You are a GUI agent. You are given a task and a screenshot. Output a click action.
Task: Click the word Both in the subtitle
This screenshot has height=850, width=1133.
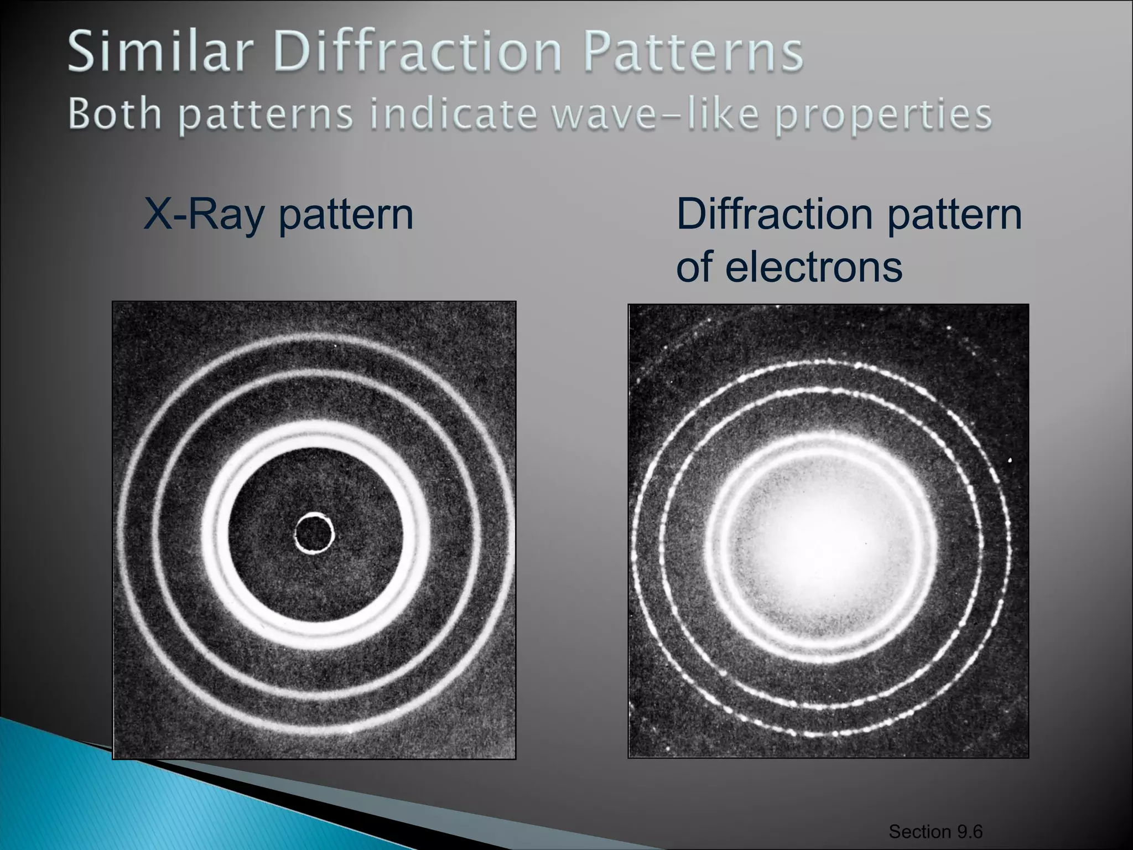[x=115, y=115]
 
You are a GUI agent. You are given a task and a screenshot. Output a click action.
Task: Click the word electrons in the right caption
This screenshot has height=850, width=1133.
[x=813, y=266]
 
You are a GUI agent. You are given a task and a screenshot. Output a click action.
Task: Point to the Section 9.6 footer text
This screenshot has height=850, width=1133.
[x=935, y=831]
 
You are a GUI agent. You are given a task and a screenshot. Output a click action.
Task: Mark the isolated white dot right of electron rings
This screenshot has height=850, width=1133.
[x=1011, y=460]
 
